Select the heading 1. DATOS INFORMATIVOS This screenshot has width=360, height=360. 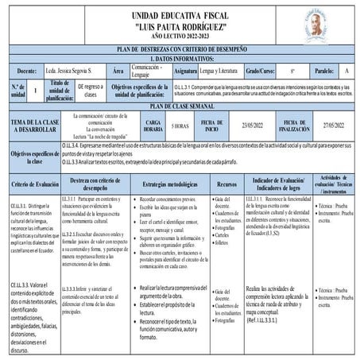click(x=179, y=60)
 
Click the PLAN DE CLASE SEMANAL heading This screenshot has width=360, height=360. click(x=179, y=106)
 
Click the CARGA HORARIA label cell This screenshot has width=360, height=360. click(x=153, y=125)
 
